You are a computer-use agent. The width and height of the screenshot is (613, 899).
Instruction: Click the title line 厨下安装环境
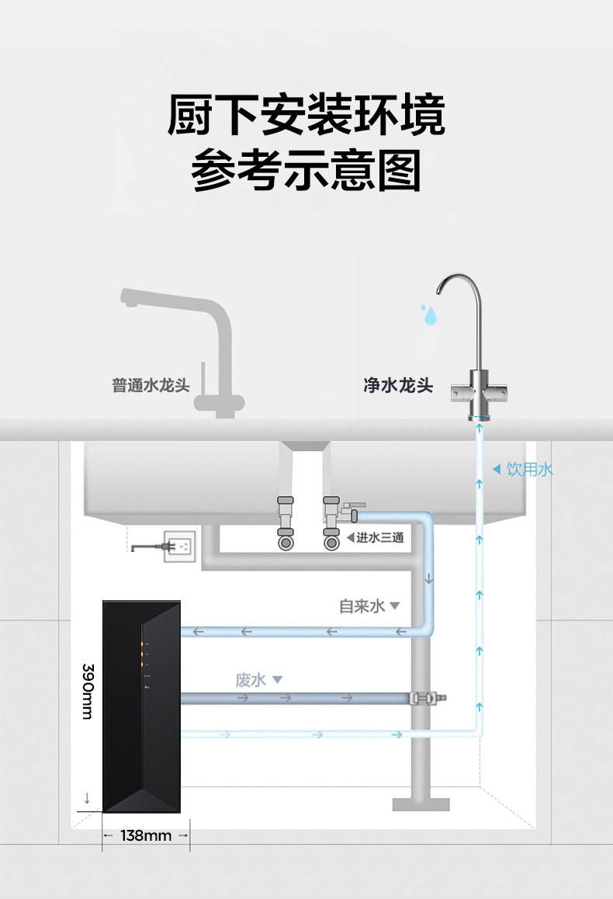coord(306,116)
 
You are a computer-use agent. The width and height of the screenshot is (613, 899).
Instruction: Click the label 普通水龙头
coord(151,385)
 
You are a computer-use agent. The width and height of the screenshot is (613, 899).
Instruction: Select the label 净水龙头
coord(398,385)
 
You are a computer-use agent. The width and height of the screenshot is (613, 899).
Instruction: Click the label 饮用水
coord(530,469)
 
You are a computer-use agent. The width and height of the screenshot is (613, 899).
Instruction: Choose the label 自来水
coord(362,606)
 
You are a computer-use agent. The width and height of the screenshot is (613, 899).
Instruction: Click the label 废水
coord(251,680)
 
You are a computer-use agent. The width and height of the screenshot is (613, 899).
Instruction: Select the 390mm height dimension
coord(88,690)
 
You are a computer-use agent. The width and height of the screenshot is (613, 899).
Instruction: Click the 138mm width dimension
coord(146,835)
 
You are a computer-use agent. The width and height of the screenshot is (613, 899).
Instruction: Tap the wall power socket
coord(182,546)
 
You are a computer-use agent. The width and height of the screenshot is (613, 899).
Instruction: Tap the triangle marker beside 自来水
coord(394,606)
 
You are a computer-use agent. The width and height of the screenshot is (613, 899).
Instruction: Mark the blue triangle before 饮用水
coord(497,469)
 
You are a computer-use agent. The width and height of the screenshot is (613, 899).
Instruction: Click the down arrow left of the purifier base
coord(87,797)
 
